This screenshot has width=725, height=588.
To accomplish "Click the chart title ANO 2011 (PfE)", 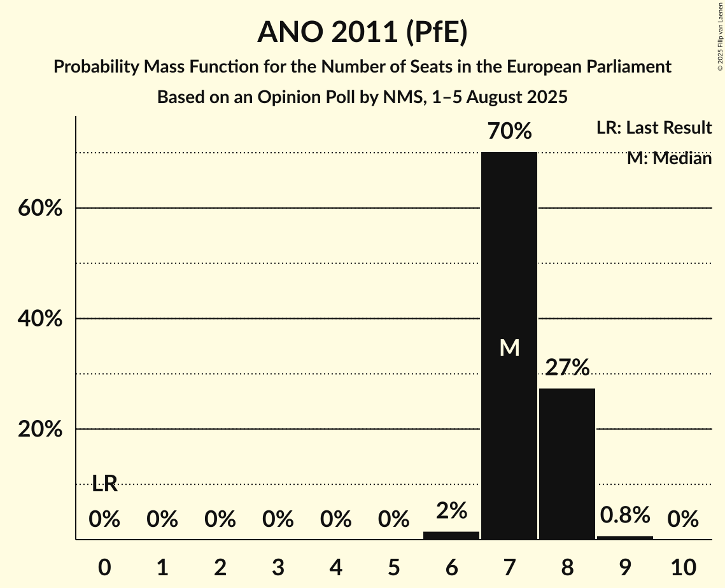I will [x=362, y=32].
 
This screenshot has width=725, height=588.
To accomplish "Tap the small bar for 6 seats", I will [x=451, y=535].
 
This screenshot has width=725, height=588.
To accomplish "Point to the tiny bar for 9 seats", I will [x=625, y=538].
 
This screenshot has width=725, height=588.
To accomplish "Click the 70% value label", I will [x=509, y=132].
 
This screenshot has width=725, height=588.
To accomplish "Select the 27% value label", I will [x=567, y=368].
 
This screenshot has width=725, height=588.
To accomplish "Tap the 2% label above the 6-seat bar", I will [x=451, y=510].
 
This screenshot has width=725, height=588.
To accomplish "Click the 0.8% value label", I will [x=625, y=514].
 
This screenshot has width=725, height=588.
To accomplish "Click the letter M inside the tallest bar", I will [x=509, y=347].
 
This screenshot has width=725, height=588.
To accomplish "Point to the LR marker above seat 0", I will [x=104, y=484].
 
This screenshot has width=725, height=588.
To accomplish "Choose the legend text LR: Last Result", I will [x=654, y=128].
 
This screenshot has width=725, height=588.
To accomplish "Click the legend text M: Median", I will [x=669, y=158].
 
